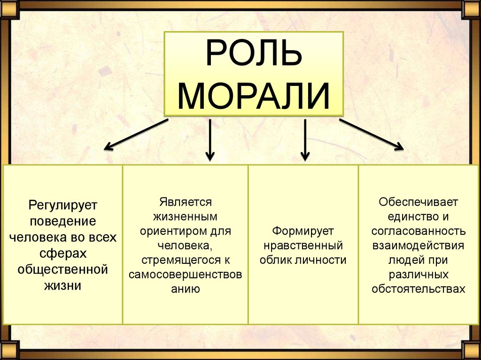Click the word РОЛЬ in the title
(253, 56)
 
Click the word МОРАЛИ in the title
(254, 96)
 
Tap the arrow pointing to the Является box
(210, 139)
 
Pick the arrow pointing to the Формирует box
(305, 139)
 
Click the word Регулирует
(62, 205)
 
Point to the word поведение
(62, 221)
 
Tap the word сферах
(62, 253)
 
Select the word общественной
(62, 269)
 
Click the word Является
(186, 202)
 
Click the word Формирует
(303, 231)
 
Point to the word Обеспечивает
(419, 202)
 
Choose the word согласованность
(419, 231)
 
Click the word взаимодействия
(419, 245)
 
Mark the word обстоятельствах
(419, 289)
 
